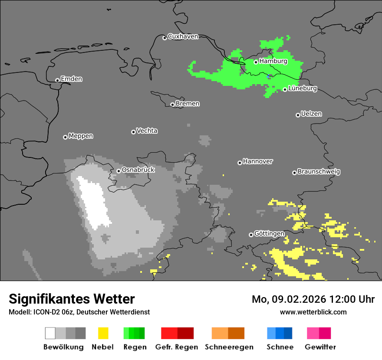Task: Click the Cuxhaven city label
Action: coord(183,36)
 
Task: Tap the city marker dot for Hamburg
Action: coord(256,62)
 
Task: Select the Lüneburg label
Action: coord(303,88)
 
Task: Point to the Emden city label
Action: coord(71,79)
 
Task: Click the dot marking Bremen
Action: coord(172,105)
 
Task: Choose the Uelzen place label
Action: coord(311,114)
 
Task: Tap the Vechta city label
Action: coord(147,131)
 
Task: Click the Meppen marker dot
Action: coord(65,137)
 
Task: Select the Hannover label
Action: coord(258,161)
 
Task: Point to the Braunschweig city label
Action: coord(319,172)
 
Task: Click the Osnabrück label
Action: coord(138,170)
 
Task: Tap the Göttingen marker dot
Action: coord(251,235)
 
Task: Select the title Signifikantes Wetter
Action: coord(72,299)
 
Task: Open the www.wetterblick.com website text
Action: coord(313,312)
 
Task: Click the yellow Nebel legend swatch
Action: coord(103,333)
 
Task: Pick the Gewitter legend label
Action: coord(320,347)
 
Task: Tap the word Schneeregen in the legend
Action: coord(229,347)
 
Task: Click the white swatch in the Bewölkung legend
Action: coord(50,333)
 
